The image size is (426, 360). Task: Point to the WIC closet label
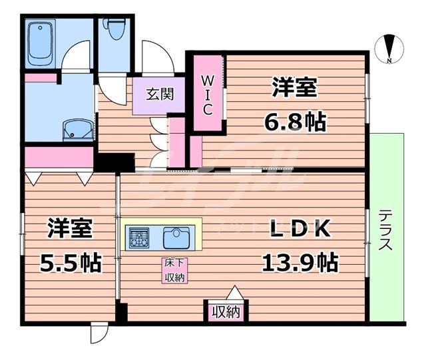(208, 94)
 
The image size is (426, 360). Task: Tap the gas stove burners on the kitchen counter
(140, 236)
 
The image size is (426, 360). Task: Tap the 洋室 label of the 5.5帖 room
(69, 228)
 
